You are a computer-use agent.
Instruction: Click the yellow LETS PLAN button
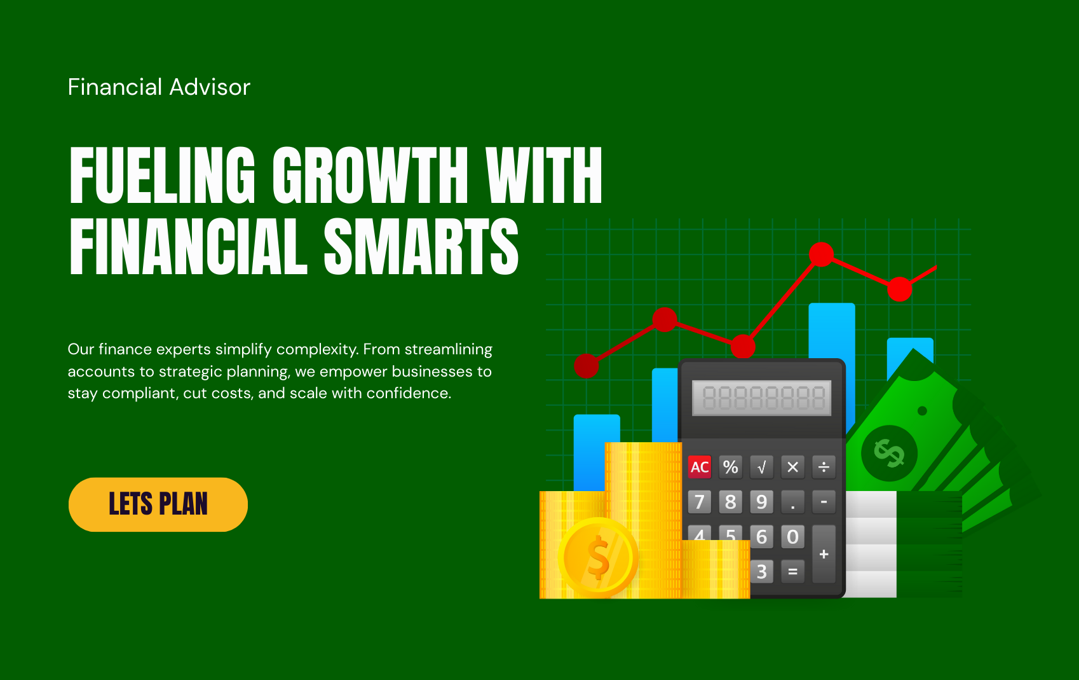(x=158, y=504)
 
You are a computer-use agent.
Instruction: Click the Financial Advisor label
(x=159, y=87)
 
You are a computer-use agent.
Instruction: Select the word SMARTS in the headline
(x=421, y=246)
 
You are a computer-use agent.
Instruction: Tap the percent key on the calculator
(x=730, y=467)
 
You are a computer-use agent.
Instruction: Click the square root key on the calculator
(x=761, y=467)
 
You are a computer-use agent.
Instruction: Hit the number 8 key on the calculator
(x=730, y=502)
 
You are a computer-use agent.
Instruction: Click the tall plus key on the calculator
(x=824, y=554)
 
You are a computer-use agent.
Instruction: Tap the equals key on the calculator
(x=792, y=571)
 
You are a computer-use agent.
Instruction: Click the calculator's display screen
(x=761, y=398)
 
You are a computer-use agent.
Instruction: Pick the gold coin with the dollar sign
(x=598, y=557)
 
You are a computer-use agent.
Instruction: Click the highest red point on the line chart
(x=821, y=254)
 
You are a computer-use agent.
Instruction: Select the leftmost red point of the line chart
(x=587, y=366)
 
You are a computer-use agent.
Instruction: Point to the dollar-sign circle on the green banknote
(x=889, y=454)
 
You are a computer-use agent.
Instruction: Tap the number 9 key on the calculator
(x=761, y=502)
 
